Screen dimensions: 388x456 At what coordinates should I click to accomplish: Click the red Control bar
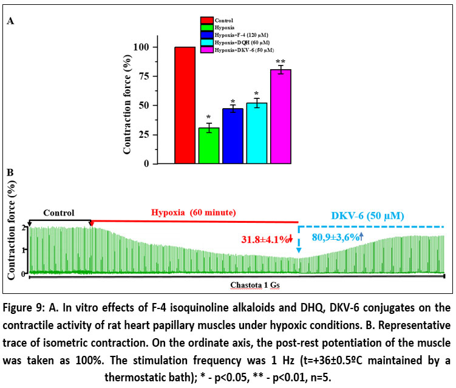[x=185, y=105]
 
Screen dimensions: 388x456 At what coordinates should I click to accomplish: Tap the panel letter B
[x=10, y=172]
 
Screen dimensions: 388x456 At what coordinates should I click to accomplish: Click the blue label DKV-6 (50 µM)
[x=368, y=216]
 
